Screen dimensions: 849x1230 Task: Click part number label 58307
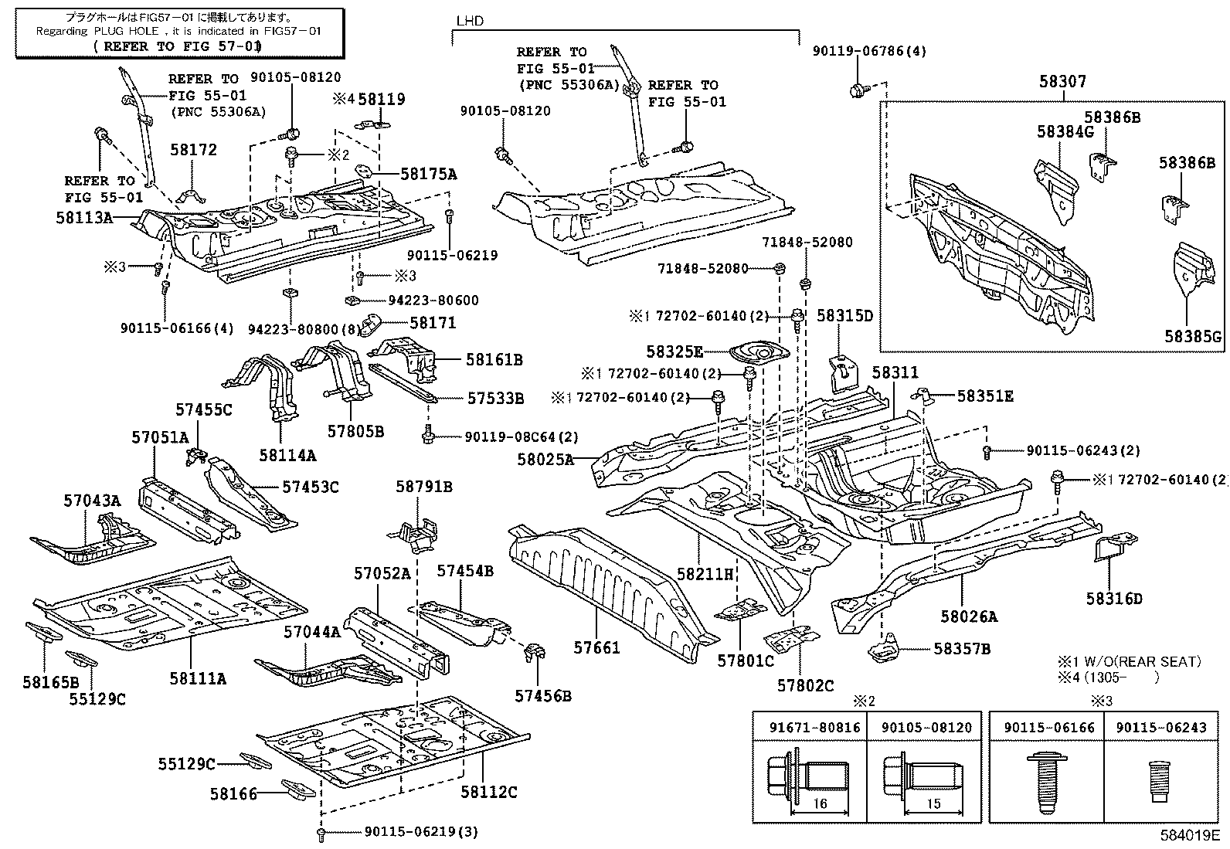pyautogui.click(x=1063, y=81)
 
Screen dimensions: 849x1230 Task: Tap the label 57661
pyautogui.click(x=597, y=647)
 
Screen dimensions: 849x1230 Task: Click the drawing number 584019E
pyautogui.click(x=1188, y=835)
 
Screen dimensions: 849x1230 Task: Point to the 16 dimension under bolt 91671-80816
pyautogui.click(x=820, y=803)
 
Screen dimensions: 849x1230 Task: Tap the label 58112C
pyautogui.click(x=488, y=792)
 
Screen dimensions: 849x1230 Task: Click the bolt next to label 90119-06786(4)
pyautogui.click(x=858, y=90)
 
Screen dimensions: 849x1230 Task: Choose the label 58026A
pyautogui.click(x=969, y=616)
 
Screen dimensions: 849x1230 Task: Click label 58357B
pyautogui.click(x=961, y=649)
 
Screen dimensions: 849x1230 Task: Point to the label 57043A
pyautogui.click(x=92, y=501)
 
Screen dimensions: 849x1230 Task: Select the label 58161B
pyautogui.click(x=494, y=359)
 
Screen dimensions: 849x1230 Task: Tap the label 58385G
pyautogui.click(x=1193, y=337)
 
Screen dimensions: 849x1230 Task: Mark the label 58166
pyautogui.click(x=233, y=793)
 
